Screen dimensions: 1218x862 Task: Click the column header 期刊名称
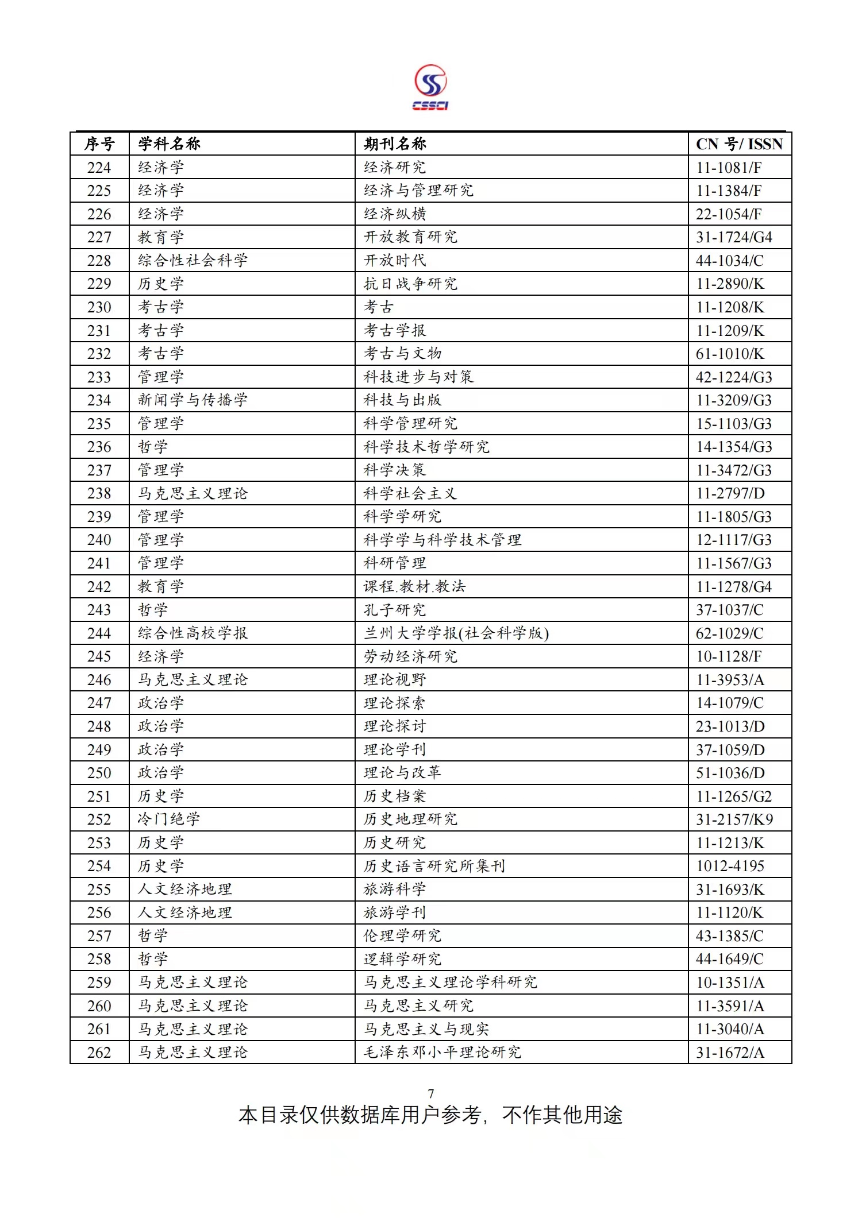395,144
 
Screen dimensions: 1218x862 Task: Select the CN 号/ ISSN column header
739,144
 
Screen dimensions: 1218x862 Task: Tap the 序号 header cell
99,144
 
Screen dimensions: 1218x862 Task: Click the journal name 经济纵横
395,214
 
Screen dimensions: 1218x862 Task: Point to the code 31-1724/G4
734,237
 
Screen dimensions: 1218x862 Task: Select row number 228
99,260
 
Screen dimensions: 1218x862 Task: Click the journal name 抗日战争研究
410,284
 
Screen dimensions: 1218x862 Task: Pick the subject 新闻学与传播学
193,400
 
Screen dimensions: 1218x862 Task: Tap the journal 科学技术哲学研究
426,446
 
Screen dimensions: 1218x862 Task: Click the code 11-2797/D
730,493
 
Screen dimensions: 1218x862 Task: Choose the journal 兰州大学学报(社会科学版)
456,633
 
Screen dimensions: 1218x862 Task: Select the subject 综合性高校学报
193,633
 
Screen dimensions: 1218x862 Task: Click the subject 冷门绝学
168,819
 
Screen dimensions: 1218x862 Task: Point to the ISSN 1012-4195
730,865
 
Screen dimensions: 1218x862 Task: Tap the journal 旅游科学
395,889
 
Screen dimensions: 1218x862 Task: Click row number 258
99,958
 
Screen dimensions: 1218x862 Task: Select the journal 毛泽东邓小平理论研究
442,1051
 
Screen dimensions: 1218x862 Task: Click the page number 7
431,1093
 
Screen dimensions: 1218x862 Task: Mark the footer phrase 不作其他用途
562,1115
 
